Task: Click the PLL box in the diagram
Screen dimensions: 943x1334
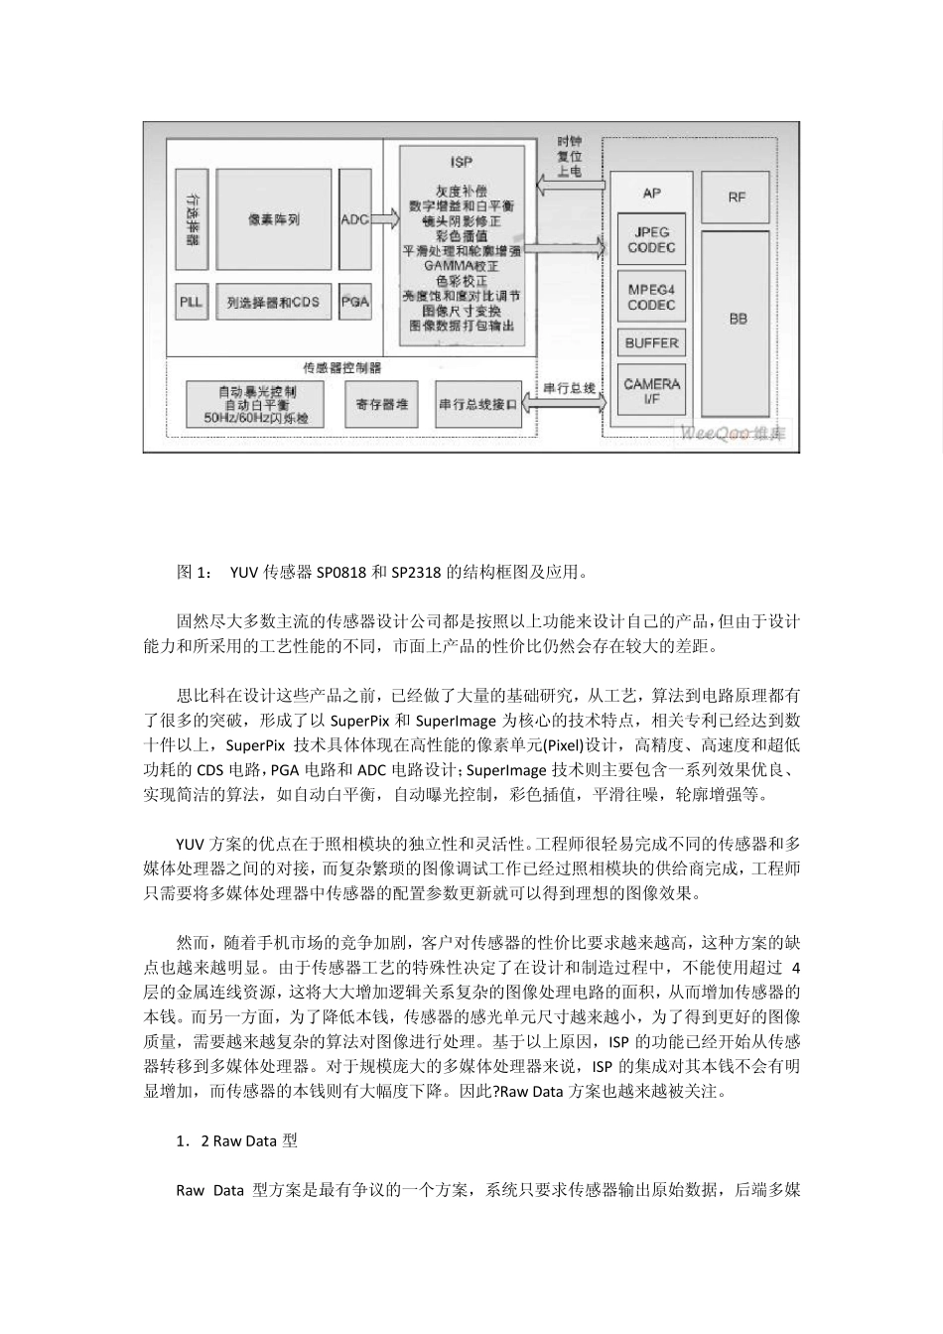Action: coord(191,302)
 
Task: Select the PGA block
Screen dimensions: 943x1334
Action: coord(354,302)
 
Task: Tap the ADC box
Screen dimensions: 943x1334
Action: coord(354,219)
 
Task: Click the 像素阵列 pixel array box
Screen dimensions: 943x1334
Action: coord(273,219)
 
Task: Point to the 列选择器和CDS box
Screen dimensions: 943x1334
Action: coord(273,302)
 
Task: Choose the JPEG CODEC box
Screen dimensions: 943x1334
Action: coord(651,240)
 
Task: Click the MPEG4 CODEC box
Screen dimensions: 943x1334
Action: coord(651,298)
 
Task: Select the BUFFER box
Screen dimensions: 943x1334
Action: coord(651,343)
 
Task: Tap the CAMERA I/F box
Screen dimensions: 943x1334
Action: coord(651,391)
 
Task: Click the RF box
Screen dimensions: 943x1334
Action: coord(737,197)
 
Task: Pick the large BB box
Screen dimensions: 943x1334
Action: coord(737,320)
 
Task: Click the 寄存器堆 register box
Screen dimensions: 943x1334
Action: coord(381,404)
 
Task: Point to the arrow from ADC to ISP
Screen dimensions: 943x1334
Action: coord(385,219)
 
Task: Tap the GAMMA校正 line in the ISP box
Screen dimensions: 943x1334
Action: coord(461,267)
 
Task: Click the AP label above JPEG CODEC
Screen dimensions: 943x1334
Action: coord(651,194)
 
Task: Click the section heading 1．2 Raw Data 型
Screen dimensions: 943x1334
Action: coord(236,1141)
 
